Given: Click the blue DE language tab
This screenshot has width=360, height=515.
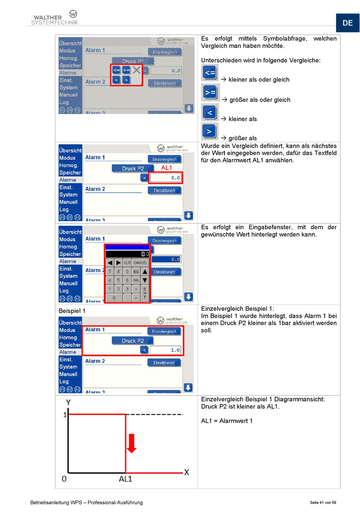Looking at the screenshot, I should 347,23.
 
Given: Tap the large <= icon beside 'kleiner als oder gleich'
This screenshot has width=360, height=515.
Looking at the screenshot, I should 210,73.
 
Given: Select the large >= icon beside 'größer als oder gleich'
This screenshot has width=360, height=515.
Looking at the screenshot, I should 210,92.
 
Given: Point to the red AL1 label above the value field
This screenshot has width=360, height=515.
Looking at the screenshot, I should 166,168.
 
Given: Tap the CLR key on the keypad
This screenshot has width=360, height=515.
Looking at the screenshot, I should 127,262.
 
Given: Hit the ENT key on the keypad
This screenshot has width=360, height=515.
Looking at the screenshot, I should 145,293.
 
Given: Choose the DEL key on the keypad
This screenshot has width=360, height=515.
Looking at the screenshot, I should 136,280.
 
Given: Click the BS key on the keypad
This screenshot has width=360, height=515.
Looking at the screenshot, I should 136,272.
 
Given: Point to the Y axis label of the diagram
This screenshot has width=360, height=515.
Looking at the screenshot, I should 68,403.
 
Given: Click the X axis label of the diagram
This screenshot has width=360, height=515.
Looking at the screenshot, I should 186,472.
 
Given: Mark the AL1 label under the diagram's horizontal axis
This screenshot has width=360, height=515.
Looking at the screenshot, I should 125,479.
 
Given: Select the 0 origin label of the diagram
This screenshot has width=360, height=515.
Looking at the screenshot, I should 64,479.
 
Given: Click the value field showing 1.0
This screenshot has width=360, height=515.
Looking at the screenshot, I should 166,350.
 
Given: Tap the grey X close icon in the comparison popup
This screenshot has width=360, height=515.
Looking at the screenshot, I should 136,70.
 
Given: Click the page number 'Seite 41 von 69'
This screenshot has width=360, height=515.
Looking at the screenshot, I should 323,503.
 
